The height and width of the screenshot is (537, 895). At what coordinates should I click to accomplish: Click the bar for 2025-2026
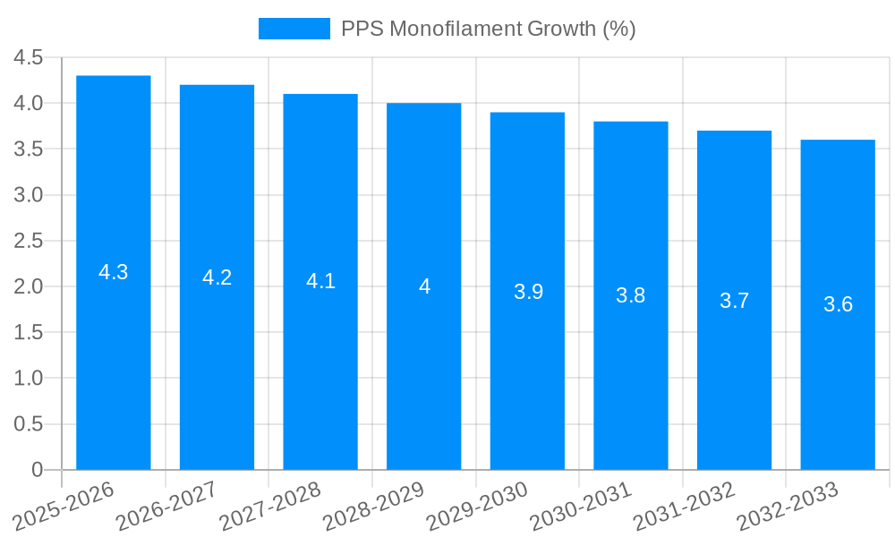[x=114, y=358]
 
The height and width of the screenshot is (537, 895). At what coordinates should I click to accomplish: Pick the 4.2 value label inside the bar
[x=217, y=277]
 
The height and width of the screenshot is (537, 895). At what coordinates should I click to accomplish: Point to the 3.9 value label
[x=528, y=292]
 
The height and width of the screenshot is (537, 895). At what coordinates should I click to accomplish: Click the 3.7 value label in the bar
[x=734, y=301]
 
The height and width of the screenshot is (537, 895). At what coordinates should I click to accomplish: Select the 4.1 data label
[x=320, y=281]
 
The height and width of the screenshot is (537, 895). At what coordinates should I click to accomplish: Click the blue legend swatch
[x=294, y=29]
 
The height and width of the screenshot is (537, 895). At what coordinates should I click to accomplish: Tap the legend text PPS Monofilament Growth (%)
[x=488, y=29]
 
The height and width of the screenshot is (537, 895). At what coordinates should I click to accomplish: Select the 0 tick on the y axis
[x=37, y=470]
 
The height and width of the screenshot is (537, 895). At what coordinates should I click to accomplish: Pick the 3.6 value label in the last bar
[x=838, y=304]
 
